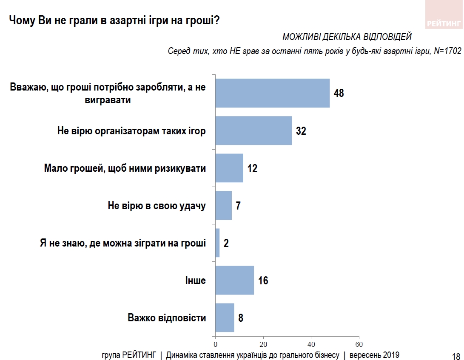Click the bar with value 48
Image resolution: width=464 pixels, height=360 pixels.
272,93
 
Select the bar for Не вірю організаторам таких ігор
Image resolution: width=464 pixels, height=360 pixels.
253,130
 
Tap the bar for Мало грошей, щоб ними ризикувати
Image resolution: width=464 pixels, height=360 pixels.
229,168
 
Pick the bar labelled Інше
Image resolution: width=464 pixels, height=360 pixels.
234,281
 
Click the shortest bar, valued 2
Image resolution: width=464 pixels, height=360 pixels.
217,243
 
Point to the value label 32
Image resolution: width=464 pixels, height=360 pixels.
301,131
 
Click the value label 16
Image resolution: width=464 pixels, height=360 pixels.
263,281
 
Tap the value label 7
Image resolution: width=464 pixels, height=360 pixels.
238,206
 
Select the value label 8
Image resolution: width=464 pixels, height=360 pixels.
241,318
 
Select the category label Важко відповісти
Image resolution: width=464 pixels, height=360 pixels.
167,318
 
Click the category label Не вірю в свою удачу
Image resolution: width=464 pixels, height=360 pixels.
157,206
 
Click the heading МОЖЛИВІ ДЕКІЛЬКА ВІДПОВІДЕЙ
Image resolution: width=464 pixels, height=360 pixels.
347,37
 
